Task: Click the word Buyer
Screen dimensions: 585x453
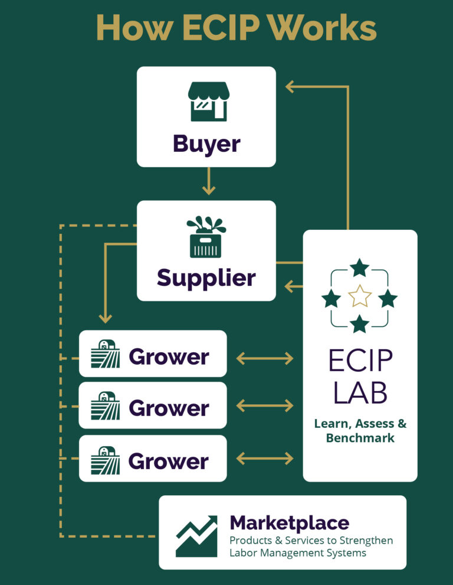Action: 206,144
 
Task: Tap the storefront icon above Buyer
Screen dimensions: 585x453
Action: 208,101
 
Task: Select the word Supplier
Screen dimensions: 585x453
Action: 206,278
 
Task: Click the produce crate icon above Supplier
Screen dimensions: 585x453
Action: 206,237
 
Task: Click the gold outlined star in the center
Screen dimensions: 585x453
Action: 359,295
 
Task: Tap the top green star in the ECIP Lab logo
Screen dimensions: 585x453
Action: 359,268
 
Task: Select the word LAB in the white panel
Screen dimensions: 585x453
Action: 360,393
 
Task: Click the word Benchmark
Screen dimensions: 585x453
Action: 360,438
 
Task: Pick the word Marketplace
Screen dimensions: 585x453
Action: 289,523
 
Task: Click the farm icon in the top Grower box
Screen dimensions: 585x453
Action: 106,354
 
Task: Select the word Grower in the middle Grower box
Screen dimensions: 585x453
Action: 169,408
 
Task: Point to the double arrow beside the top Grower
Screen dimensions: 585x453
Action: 265,358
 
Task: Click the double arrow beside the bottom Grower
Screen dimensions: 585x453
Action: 265,459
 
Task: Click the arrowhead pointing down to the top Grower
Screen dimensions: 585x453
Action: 106,318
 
